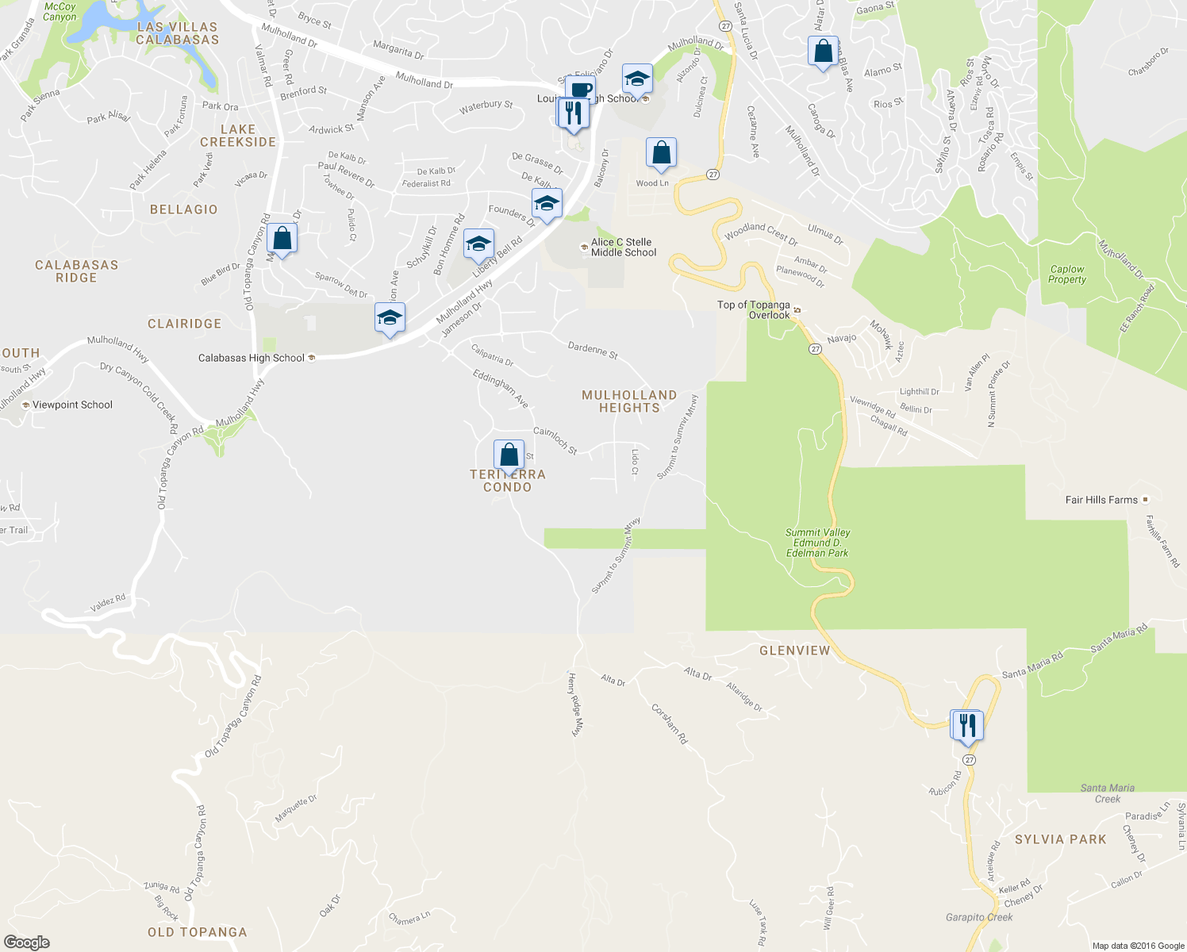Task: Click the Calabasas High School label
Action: pos(252,358)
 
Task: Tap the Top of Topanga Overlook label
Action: pos(754,310)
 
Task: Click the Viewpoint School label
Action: pos(72,405)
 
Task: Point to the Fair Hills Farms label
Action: pos(1101,500)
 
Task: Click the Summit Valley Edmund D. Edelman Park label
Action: pos(817,543)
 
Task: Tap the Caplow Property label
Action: pos(1066,274)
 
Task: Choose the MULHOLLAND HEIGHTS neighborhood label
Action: pos(629,401)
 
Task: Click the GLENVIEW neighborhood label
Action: pos(794,651)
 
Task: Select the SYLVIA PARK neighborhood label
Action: pos(1060,839)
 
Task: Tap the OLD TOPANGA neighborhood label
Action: pos(198,932)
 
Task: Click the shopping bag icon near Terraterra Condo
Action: pos(509,455)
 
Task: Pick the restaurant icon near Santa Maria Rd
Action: pos(967,725)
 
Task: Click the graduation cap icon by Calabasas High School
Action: pos(390,318)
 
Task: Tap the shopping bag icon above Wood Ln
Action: pos(661,152)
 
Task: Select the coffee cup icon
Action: pos(581,88)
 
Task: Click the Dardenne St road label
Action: pos(593,350)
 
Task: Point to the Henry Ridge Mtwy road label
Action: pos(576,704)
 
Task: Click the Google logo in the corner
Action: pos(27,942)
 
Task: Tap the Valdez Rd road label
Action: pos(108,603)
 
